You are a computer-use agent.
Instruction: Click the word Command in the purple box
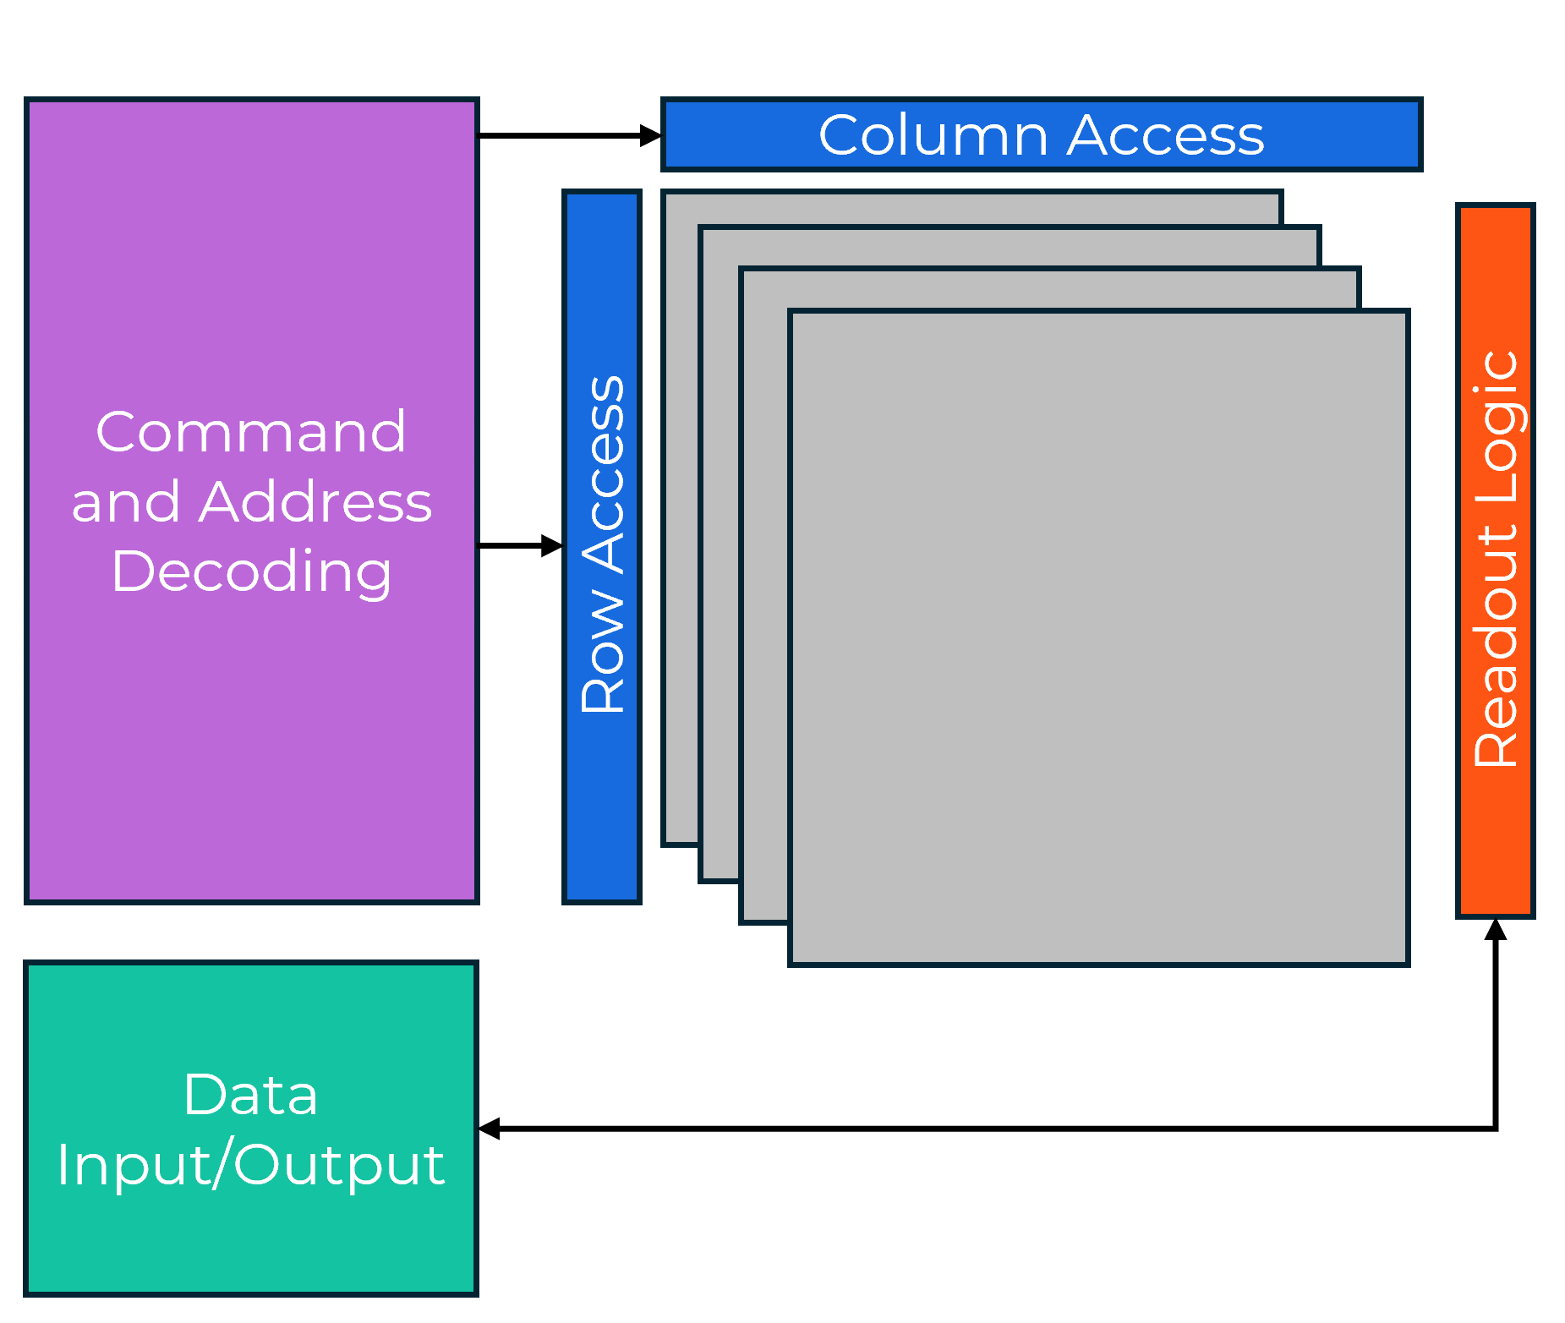pyautogui.click(x=251, y=432)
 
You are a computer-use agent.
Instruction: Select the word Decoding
pyautogui.click(x=251, y=571)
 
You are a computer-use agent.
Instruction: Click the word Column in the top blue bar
pyautogui.click(x=933, y=135)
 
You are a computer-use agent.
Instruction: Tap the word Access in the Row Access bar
pyautogui.click(x=603, y=474)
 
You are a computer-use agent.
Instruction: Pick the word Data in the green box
pyautogui.click(x=251, y=1095)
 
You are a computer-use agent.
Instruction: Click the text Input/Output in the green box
pyautogui.click(x=251, y=1165)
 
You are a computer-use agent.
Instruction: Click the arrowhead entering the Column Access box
pyautogui.click(x=651, y=135)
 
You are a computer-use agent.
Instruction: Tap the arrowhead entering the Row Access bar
pyautogui.click(x=552, y=546)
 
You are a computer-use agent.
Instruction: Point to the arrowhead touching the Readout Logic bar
pyautogui.click(x=1496, y=929)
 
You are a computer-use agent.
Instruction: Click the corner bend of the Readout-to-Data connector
pyautogui.click(x=1496, y=1129)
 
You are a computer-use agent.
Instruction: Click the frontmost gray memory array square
pyautogui.click(x=1099, y=638)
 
